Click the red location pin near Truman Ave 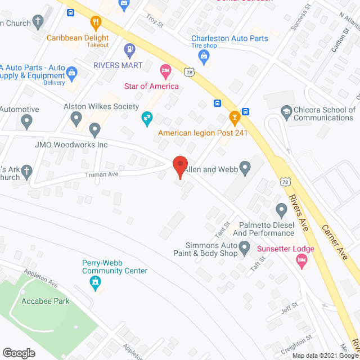(179, 166)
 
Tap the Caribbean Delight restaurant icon (95, 23)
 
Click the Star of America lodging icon (165, 71)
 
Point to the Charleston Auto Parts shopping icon (204, 55)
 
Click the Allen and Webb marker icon (245, 167)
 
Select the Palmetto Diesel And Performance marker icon (282, 211)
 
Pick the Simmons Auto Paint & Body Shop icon (244, 247)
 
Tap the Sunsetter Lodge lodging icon (301, 260)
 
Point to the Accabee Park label (46, 301)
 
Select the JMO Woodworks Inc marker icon (94, 130)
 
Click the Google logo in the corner (19, 353)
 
